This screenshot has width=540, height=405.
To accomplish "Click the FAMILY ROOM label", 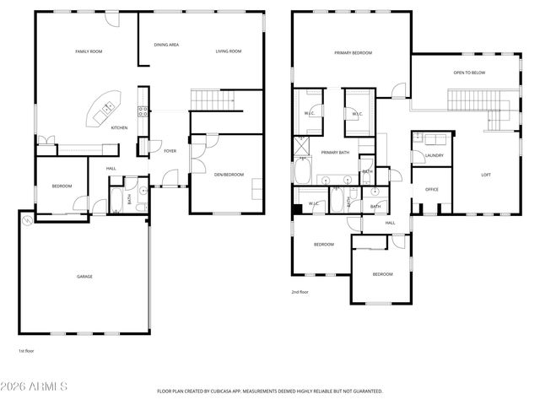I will [89, 51].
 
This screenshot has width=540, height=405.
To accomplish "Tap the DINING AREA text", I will [165, 45].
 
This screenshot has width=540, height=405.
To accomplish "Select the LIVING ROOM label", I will [228, 51].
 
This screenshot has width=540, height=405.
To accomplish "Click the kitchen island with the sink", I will [106, 108].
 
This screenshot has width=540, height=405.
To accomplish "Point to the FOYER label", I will [170, 152].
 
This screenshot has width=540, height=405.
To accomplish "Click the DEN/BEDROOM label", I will [229, 175].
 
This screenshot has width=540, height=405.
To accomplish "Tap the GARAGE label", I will [85, 276].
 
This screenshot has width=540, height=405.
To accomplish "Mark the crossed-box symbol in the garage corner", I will [29, 220].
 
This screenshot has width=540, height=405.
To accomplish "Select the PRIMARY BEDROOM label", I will [353, 52].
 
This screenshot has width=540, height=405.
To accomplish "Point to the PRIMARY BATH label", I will [335, 152].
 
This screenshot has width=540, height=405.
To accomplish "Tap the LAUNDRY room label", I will [435, 155].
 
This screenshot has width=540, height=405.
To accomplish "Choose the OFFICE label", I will [432, 190].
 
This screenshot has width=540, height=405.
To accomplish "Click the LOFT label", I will [486, 175].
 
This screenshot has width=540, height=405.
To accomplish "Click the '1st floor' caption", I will [27, 350].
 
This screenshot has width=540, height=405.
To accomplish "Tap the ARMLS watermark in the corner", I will [35, 386].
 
